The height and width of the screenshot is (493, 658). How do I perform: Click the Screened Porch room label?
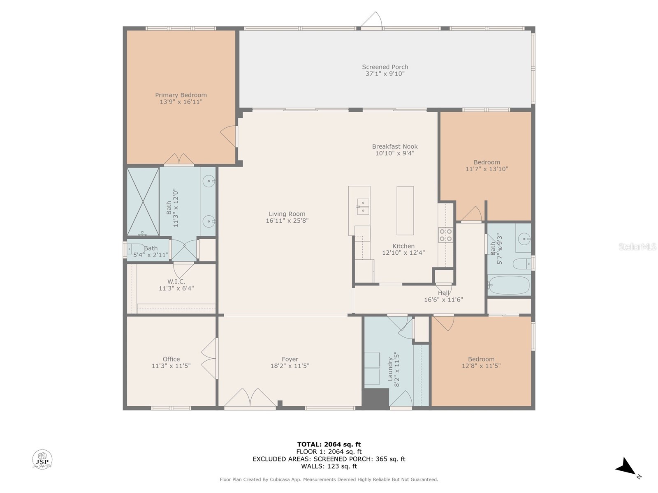point(385,67)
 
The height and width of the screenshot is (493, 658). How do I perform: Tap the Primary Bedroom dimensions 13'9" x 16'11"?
point(181,102)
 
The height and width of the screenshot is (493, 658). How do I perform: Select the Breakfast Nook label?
point(395,147)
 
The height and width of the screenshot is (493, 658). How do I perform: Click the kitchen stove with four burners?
point(445,235)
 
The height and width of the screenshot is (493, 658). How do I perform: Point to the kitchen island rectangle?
point(405,210)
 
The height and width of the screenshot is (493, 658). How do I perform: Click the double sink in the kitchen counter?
point(363,207)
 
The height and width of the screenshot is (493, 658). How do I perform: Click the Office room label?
point(171,359)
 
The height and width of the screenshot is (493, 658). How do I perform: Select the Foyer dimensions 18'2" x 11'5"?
point(290,366)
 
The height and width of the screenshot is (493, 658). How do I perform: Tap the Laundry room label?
point(390,369)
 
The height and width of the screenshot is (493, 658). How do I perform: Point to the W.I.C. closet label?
point(176,281)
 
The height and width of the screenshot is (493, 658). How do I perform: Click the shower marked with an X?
point(143,201)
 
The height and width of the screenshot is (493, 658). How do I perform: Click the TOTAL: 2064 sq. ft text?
point(329,444)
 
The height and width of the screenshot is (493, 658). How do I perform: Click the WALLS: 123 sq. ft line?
point(329,466)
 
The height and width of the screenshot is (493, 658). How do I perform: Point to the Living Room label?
point(287,214)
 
